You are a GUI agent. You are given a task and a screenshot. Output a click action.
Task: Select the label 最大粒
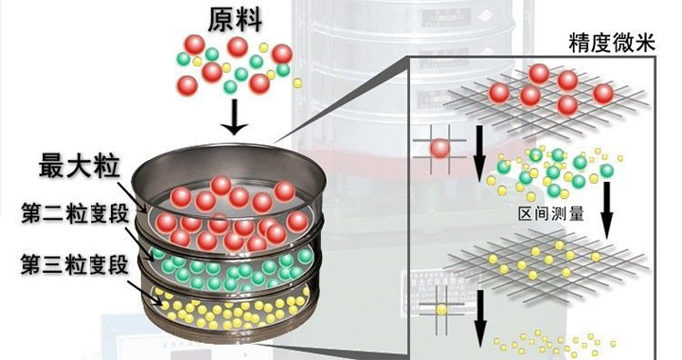pos(79,167)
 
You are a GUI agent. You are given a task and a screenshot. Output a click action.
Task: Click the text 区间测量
pos(550,214)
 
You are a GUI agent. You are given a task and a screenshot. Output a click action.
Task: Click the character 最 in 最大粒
pos(52,167)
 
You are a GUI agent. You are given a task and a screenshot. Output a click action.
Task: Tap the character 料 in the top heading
pos(250,19)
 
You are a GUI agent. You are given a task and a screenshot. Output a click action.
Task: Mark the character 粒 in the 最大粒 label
pos(105,167)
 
